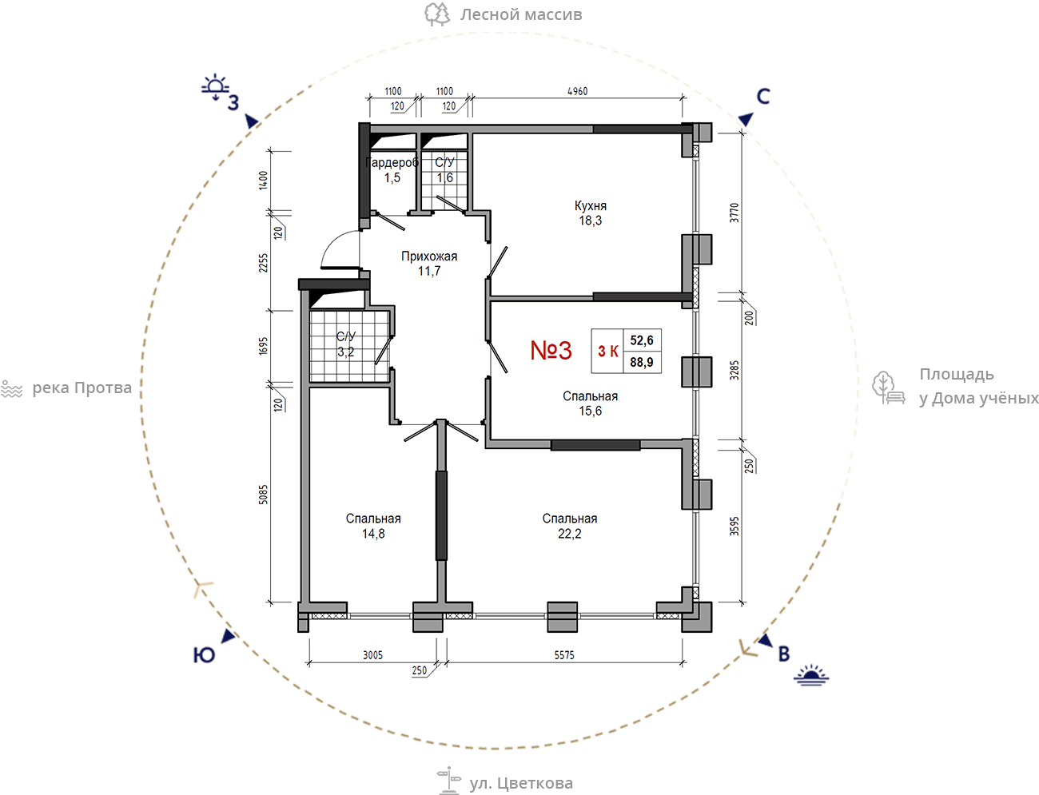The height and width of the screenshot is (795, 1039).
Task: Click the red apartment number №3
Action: point(551,350)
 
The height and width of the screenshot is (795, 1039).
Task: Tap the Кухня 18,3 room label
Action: point(591,213)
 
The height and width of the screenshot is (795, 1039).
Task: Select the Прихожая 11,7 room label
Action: point(429,264)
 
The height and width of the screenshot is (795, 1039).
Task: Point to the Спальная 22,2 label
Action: point(569,526)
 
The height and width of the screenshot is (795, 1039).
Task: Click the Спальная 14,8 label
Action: point(373,526)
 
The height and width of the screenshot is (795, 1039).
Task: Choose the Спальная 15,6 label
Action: point(591,403)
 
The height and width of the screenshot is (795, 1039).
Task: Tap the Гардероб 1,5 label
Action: point(392,170)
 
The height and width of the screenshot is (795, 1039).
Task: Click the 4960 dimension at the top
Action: point(578,91)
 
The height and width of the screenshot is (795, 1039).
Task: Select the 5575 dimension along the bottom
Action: point(564,655)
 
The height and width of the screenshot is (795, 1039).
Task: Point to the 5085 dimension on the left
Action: point(263,494)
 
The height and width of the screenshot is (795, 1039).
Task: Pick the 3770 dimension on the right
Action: point(734,213)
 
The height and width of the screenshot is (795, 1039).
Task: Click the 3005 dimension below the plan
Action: point(372,655)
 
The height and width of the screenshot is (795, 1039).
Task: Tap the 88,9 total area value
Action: point(642,363)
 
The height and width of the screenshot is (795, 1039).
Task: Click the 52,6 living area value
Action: point(642,340)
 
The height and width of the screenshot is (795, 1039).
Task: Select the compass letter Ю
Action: point(204,655)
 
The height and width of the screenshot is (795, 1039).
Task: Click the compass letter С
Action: point(763,97)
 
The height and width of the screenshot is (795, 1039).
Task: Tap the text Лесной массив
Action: point(521,14)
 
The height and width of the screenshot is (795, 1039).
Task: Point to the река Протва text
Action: point(82,388)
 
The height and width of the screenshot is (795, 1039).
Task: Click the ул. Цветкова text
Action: point(521,783)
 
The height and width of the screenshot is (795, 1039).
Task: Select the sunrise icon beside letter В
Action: point(811,675)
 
